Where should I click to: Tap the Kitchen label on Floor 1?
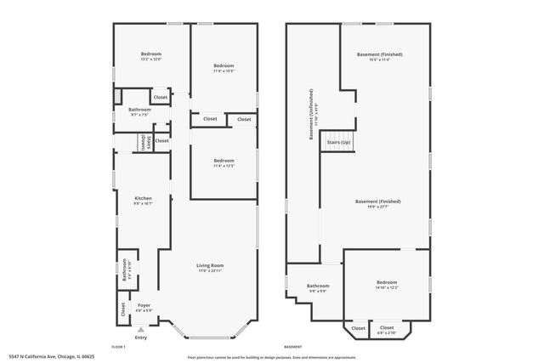[143, 201]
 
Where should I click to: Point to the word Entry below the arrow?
[140, 337]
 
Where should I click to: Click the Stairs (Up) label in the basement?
[337, 143]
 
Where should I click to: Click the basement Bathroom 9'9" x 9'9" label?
[318, 288]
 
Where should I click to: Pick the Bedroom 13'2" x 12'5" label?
[152, 57]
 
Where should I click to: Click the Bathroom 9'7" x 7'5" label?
[139, 111]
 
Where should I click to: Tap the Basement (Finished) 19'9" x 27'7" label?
[377, 204]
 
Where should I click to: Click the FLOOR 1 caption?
[119, 347]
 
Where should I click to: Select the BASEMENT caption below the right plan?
[292, 347]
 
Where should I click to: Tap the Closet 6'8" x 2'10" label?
[387, 328]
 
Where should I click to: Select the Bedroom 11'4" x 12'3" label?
[224, 163]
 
